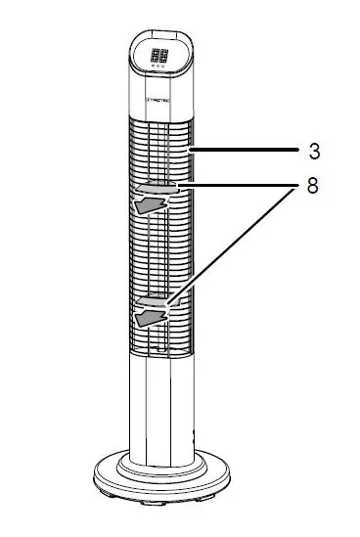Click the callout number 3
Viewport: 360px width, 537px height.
tap(313, 153)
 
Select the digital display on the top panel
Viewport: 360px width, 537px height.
tap(158, 57)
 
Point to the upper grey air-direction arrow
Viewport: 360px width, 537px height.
tap(149, 203)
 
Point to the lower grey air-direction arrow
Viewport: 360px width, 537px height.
tap(149, 318)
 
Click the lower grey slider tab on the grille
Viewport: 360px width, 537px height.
tap(157, 301)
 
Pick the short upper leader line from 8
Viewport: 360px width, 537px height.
tap(235, 184)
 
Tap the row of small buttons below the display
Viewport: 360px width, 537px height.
tap(158, 68)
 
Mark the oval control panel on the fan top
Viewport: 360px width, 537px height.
tap(159, 62)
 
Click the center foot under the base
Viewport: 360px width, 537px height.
tap(161, 506)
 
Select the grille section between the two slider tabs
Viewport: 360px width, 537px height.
tap(160, 249)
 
